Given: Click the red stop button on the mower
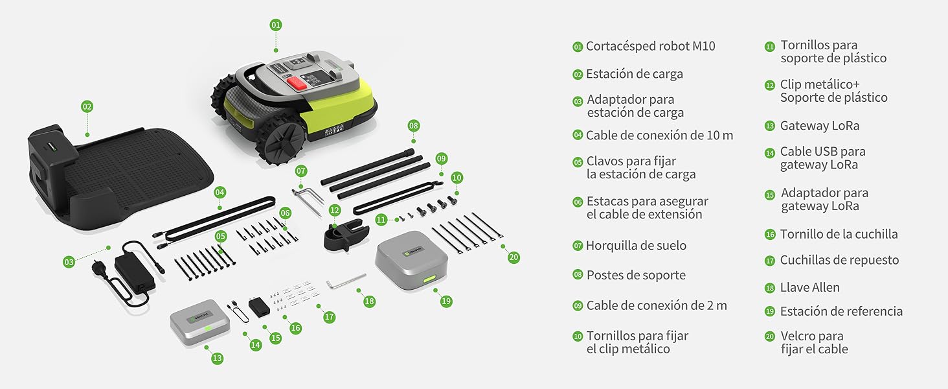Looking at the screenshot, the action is (297, 83).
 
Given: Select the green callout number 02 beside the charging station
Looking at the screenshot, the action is (87, 106).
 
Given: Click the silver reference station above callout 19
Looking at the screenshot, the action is (411, 260).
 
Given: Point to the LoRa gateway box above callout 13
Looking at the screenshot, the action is (199, 322).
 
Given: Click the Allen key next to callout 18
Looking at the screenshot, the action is (345, 281).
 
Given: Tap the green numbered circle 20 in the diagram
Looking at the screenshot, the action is (513, 257).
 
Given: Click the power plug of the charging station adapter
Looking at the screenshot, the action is (100, 268).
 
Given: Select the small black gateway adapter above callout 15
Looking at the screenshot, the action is (259, 307).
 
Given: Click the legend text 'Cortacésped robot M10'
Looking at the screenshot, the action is (651, 46).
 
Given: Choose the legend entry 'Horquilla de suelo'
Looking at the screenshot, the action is (636, 245).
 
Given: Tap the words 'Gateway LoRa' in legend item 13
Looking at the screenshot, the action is (820, 126).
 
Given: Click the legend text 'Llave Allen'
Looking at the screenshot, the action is (809, 287).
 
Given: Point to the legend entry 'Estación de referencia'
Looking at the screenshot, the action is (841, 311).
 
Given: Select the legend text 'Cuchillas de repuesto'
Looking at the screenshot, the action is (839, 260).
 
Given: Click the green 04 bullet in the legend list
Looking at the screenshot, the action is (578, 135).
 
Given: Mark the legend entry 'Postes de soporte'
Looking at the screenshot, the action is (636, 275).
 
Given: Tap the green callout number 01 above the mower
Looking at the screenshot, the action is (275, 25).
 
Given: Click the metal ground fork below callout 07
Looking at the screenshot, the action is (308, 202).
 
